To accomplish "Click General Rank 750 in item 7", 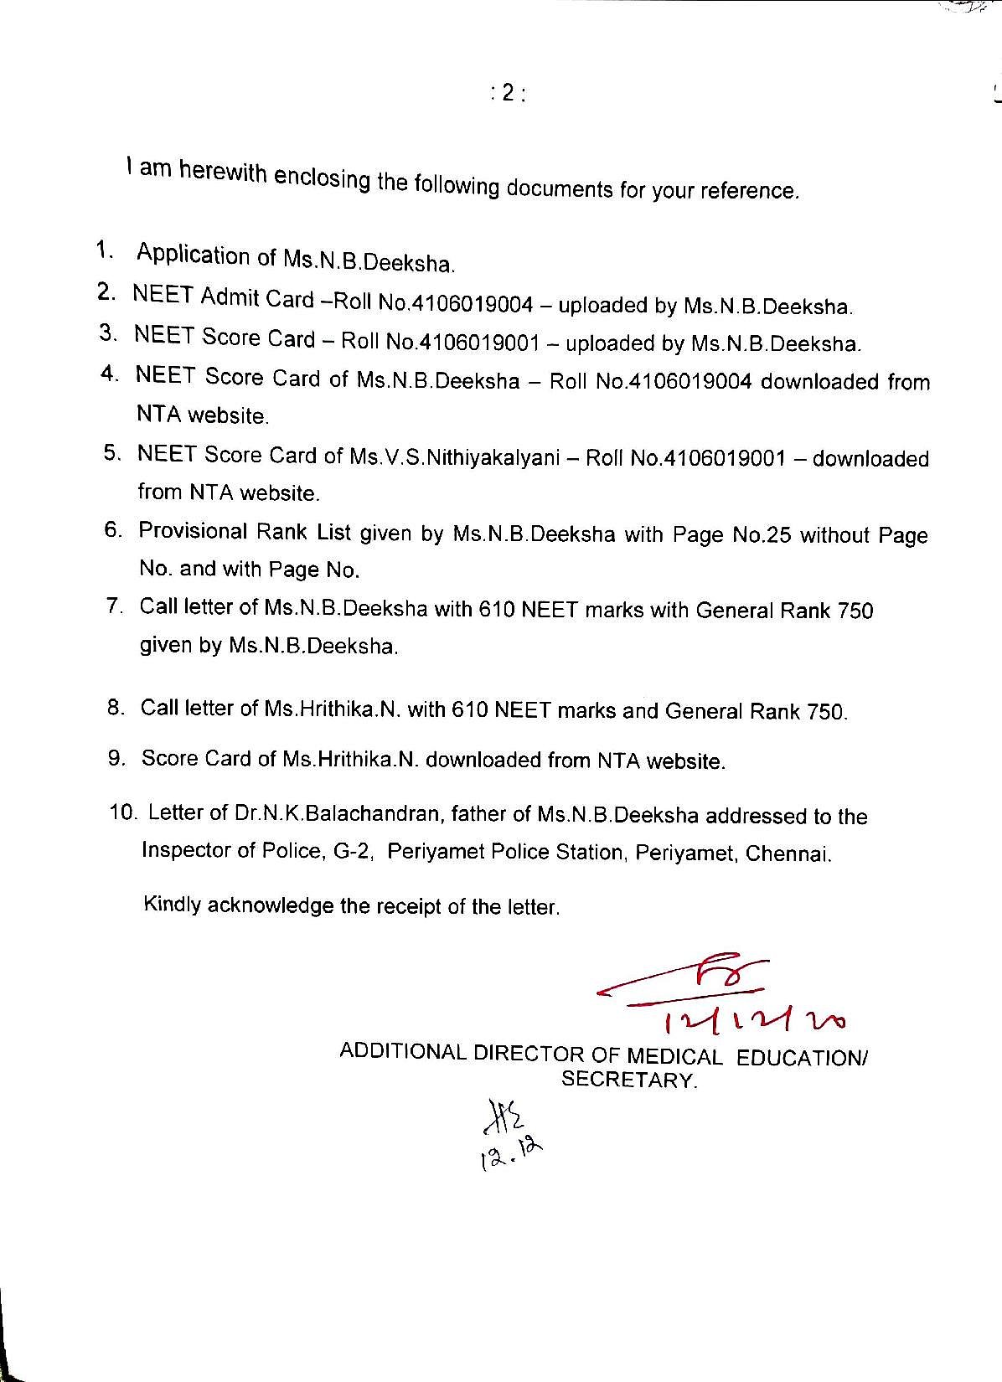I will click(784, 611).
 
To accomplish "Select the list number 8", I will click(116, 708).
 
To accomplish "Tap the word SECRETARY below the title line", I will click(628, 1079).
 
